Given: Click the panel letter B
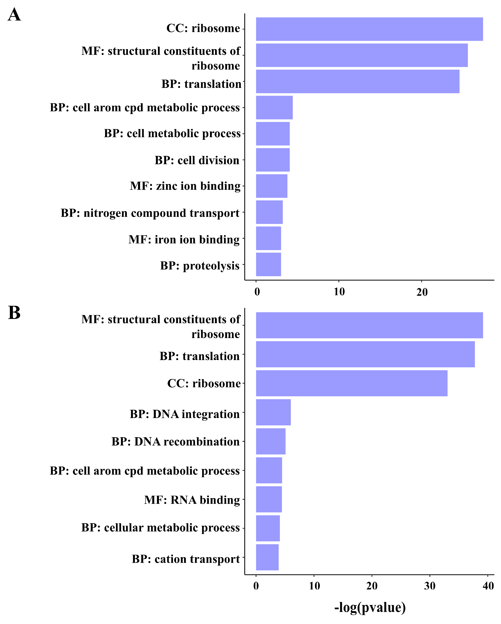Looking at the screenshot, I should point(14,313).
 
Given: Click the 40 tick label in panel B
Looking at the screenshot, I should point(488,586).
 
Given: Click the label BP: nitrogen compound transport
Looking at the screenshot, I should point(150,213).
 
